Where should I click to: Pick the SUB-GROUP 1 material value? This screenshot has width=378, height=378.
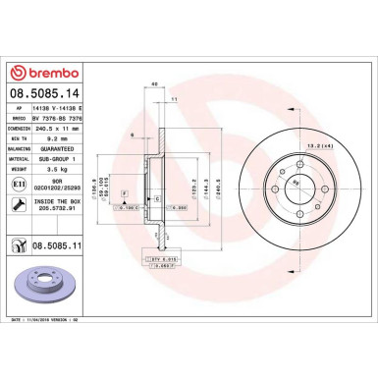click(56, 160)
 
